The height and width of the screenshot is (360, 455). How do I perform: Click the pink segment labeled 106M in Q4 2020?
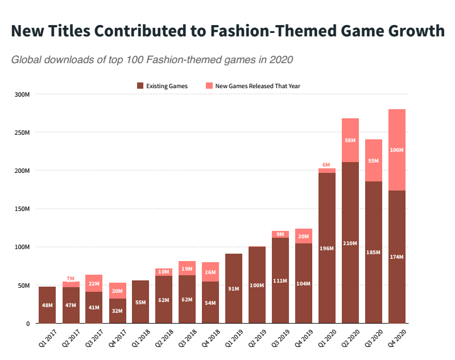[397, 150]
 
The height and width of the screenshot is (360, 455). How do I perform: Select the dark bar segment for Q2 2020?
[350, 243]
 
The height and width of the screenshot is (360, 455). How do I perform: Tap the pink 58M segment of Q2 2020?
[350, 140]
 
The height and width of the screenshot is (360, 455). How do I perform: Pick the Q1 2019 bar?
[234, 288]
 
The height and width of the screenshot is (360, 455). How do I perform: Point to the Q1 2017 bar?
[47, 305]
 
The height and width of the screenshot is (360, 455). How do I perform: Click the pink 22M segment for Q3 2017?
[94, 283]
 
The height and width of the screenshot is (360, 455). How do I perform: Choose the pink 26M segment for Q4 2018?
[210, 272]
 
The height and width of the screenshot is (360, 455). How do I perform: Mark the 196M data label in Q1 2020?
[327, 248]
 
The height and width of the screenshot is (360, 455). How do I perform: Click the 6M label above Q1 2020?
[327, 164]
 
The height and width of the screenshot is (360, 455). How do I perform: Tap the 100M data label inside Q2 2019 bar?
[257, 285]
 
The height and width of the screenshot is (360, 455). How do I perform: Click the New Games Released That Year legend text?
[258, 86]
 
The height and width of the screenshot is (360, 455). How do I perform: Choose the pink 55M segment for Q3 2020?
[374, 160]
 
